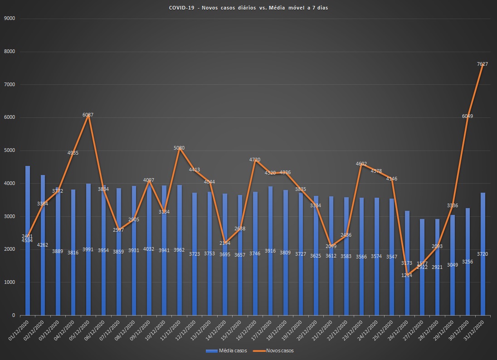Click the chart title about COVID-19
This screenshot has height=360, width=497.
click(x=248, y=8)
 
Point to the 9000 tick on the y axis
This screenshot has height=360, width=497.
click(x=10, y=19)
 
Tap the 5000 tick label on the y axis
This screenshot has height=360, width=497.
click(x=10, y=151)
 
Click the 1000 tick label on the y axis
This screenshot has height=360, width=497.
click(x=10, y=282)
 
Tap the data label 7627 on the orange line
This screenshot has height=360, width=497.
click(x=482, y=64)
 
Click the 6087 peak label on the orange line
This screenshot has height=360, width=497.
click(x=88, y=115)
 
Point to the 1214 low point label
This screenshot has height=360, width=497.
click(x=407, y=275)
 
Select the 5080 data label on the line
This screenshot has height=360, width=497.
click(x=179, y=148)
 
